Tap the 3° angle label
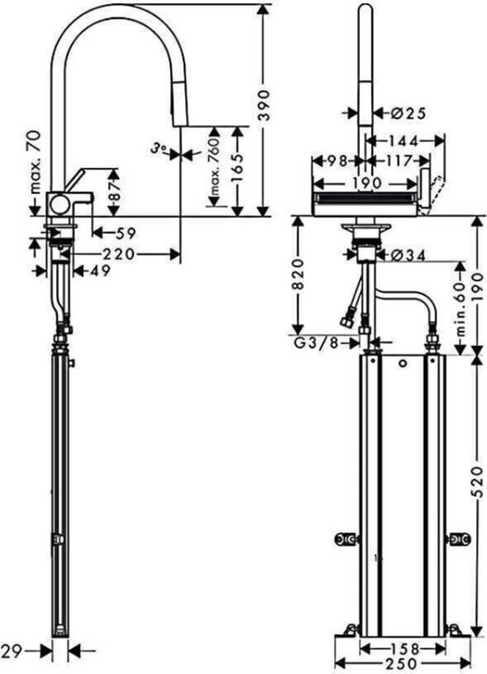pyautogui.click(x=159, y=148)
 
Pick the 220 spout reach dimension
pyautogui.click(x=118, y=254)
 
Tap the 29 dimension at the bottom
pyautogui.click(x=12, y=652)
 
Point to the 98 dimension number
pyautogui.click(x=337, y=161)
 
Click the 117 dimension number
pyautogui.click(x=399, y=162)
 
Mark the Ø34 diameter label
pyautogui.click(x=408, y=255)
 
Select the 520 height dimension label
pyautogui.click(x=478, y=483)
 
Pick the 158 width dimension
pyautogui.click(x=404, y=648)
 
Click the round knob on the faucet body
pyautogui.click(x=59, y=204)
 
